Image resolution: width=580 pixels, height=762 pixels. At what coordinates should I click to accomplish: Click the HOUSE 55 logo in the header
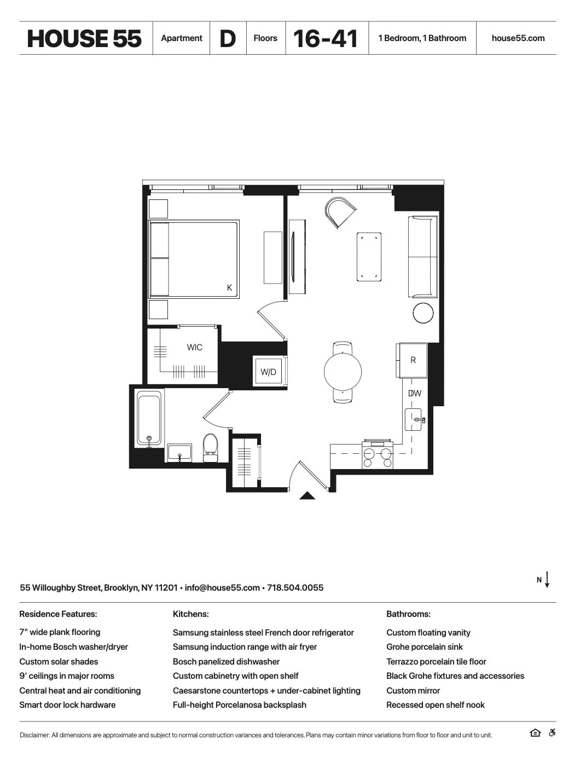click(x=84, y=38)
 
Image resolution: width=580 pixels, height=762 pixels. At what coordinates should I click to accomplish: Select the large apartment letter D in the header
click(x=228, y=38)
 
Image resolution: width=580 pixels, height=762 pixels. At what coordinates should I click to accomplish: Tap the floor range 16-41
click(x=326, y=38)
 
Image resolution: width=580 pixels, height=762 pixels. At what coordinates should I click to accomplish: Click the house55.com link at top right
click(x=518, y=38)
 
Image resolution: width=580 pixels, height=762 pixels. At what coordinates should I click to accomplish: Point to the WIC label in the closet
click(x=194, y=348)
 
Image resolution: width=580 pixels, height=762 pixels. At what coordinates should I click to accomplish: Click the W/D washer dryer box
click(x=268, y=372)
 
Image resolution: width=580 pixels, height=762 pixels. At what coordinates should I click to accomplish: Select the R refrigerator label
click(x=413, y=360)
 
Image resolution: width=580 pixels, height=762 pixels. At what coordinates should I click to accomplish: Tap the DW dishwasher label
click(x=414, y=393)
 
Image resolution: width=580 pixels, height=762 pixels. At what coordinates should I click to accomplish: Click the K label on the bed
click(x=230, y=288)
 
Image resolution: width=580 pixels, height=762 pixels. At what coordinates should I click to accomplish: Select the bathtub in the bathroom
click(x=149, y=419)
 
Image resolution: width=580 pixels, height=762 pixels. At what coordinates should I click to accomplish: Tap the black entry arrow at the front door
click(x=308, y=496)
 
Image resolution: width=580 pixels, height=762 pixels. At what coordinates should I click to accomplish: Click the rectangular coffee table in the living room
click(x=369, y=257)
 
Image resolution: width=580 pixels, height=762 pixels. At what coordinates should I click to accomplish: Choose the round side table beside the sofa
click(x=423, y=313)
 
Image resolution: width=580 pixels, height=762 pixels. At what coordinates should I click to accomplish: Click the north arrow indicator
click(x=547, y=580)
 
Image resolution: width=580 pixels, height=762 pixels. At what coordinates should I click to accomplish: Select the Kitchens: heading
click(x=190, y=614)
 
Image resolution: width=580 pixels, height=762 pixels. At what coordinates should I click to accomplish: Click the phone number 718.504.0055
click(x=295, y=588)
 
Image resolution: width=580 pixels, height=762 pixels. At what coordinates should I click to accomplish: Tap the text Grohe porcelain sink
click(x=424, y=647)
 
